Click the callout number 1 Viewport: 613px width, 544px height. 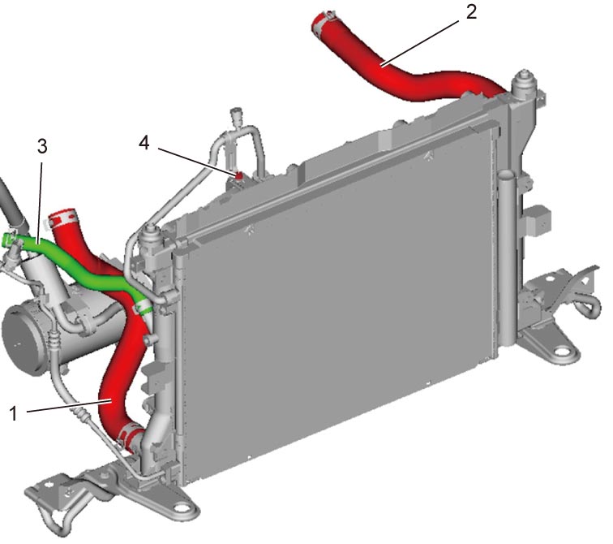tap(14, 413)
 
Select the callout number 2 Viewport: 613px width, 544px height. tap(471, 12)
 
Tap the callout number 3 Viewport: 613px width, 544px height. tap(42, 146)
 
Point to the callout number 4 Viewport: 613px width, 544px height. tap(144, 143)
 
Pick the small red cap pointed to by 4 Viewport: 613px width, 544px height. tap(238, 175)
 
